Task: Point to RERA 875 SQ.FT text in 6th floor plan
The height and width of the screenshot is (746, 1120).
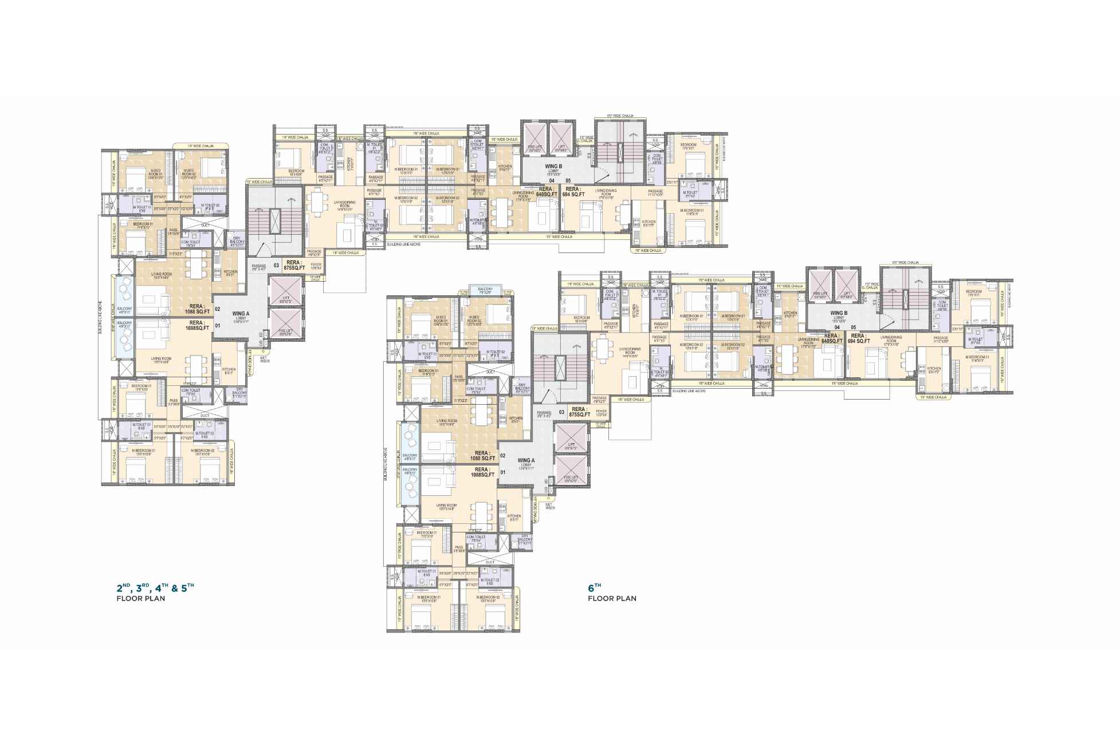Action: click(579, 412)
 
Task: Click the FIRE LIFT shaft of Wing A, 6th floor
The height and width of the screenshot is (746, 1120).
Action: click(571, 472)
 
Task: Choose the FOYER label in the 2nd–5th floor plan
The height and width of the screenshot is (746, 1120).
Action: click(315, 266)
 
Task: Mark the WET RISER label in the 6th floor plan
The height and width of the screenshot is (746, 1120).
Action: click(550, 506)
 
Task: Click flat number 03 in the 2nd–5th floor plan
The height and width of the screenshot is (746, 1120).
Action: click(276, 265)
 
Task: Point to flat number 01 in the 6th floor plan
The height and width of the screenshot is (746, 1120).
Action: click(503, 473)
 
